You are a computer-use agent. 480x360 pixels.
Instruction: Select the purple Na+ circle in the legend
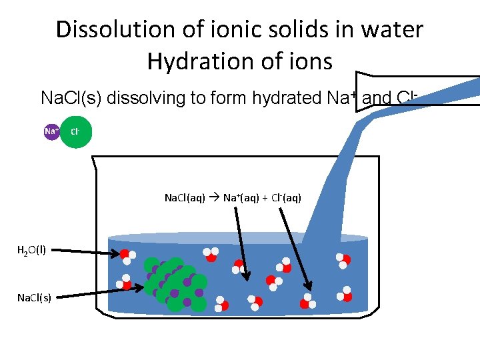tap(51, 131)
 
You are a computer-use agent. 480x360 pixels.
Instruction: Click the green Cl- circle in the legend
tap(76, 132)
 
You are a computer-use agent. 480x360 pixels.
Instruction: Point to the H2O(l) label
tap(31, 251)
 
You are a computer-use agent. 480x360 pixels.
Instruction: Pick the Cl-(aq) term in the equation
tap(286, 197)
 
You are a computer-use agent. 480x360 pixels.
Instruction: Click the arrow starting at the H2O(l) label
tap(87, 252)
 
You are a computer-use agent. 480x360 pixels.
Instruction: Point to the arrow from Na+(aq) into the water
tap(241, 240)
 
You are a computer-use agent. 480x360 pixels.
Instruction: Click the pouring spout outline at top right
tap(413, 90)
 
